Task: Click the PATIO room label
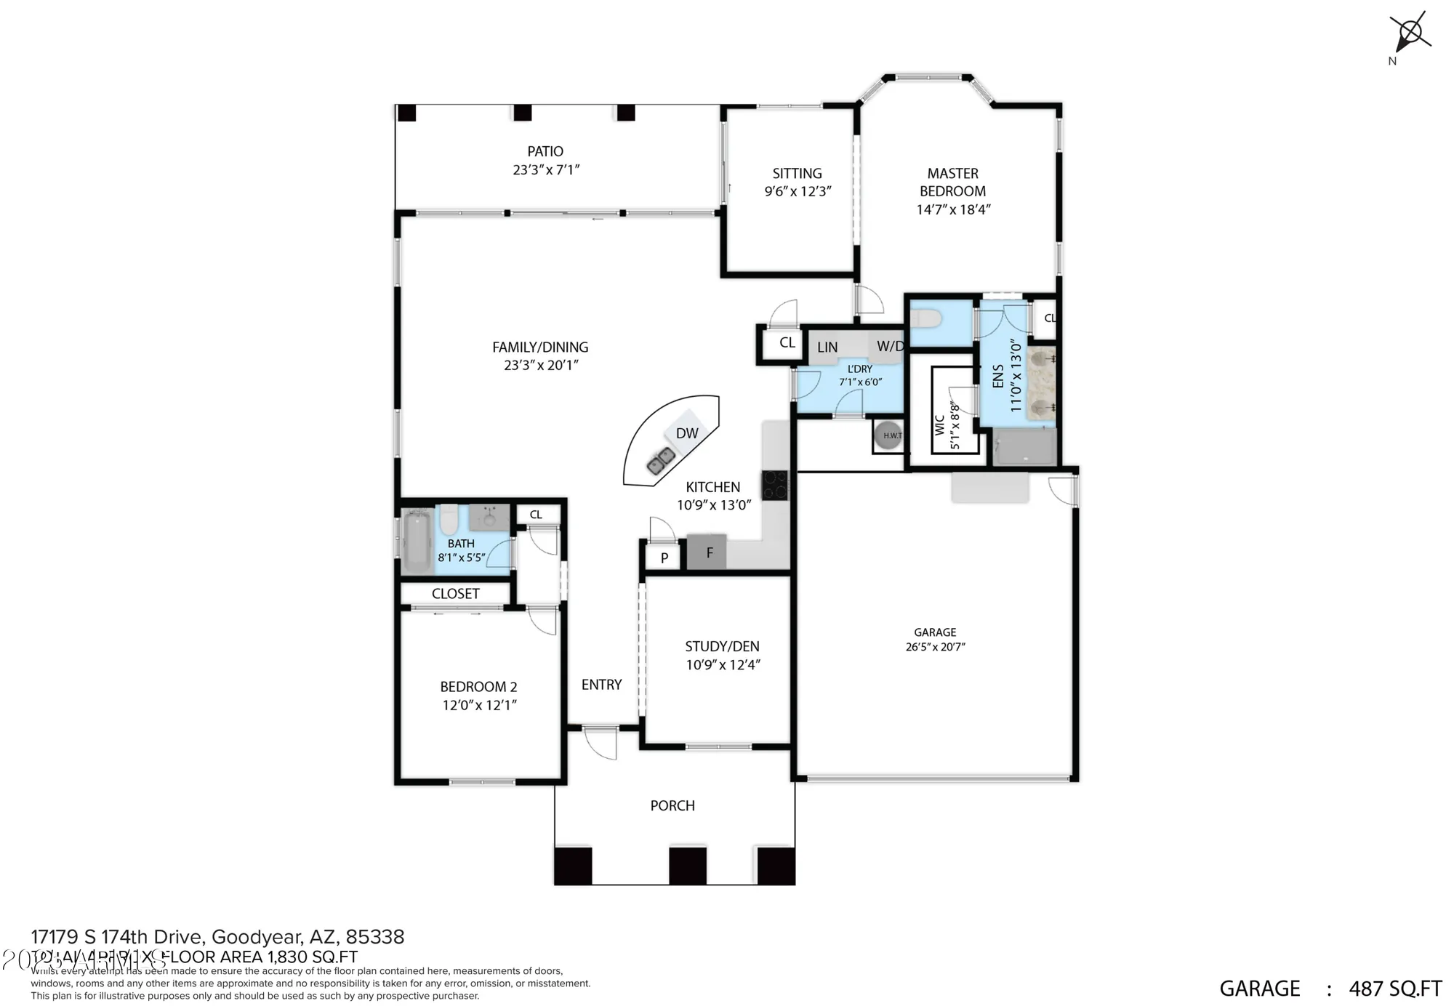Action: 545,151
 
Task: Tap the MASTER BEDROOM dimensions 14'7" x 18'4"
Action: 953,209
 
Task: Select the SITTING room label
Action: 797,173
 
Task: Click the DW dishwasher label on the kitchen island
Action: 686,433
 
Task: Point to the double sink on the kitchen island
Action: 661,461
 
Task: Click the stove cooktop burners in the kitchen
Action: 774,485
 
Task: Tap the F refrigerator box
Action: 710,553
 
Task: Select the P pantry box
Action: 664,558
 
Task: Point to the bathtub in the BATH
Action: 417,542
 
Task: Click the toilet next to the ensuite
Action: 926,318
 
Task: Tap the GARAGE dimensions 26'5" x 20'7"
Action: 935,647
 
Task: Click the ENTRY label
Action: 601,684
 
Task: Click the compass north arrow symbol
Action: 1410,33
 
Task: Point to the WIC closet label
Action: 939,425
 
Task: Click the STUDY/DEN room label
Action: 722,646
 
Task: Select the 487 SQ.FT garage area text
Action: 1395,989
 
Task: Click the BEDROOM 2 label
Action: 478,686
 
